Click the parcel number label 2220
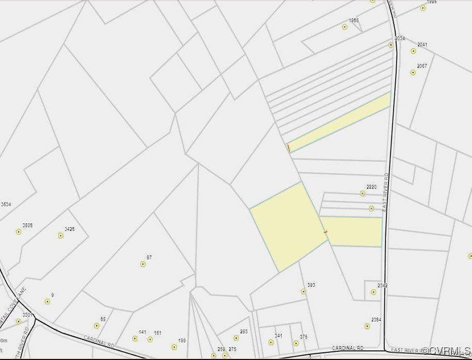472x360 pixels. click(371, 187)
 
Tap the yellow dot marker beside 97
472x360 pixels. click(143, 264)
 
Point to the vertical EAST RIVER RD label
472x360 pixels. click(385, 192)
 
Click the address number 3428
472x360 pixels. click(69, 229)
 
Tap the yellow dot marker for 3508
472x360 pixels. click(19, 232)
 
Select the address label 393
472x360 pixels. click(311, 285)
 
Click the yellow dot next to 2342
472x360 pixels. click(373, 292)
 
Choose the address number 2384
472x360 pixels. click(376, 320)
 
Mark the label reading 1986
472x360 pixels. click(353, 21)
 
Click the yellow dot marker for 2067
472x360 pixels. click(413, 73)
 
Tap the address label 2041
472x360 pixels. click(422, 45)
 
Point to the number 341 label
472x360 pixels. click(279, 336)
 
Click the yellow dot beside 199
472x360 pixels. click(174, 347)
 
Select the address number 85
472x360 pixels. click(103, 319)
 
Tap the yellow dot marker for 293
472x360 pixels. click(236, 338)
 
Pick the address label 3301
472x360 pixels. click(27, 315)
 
